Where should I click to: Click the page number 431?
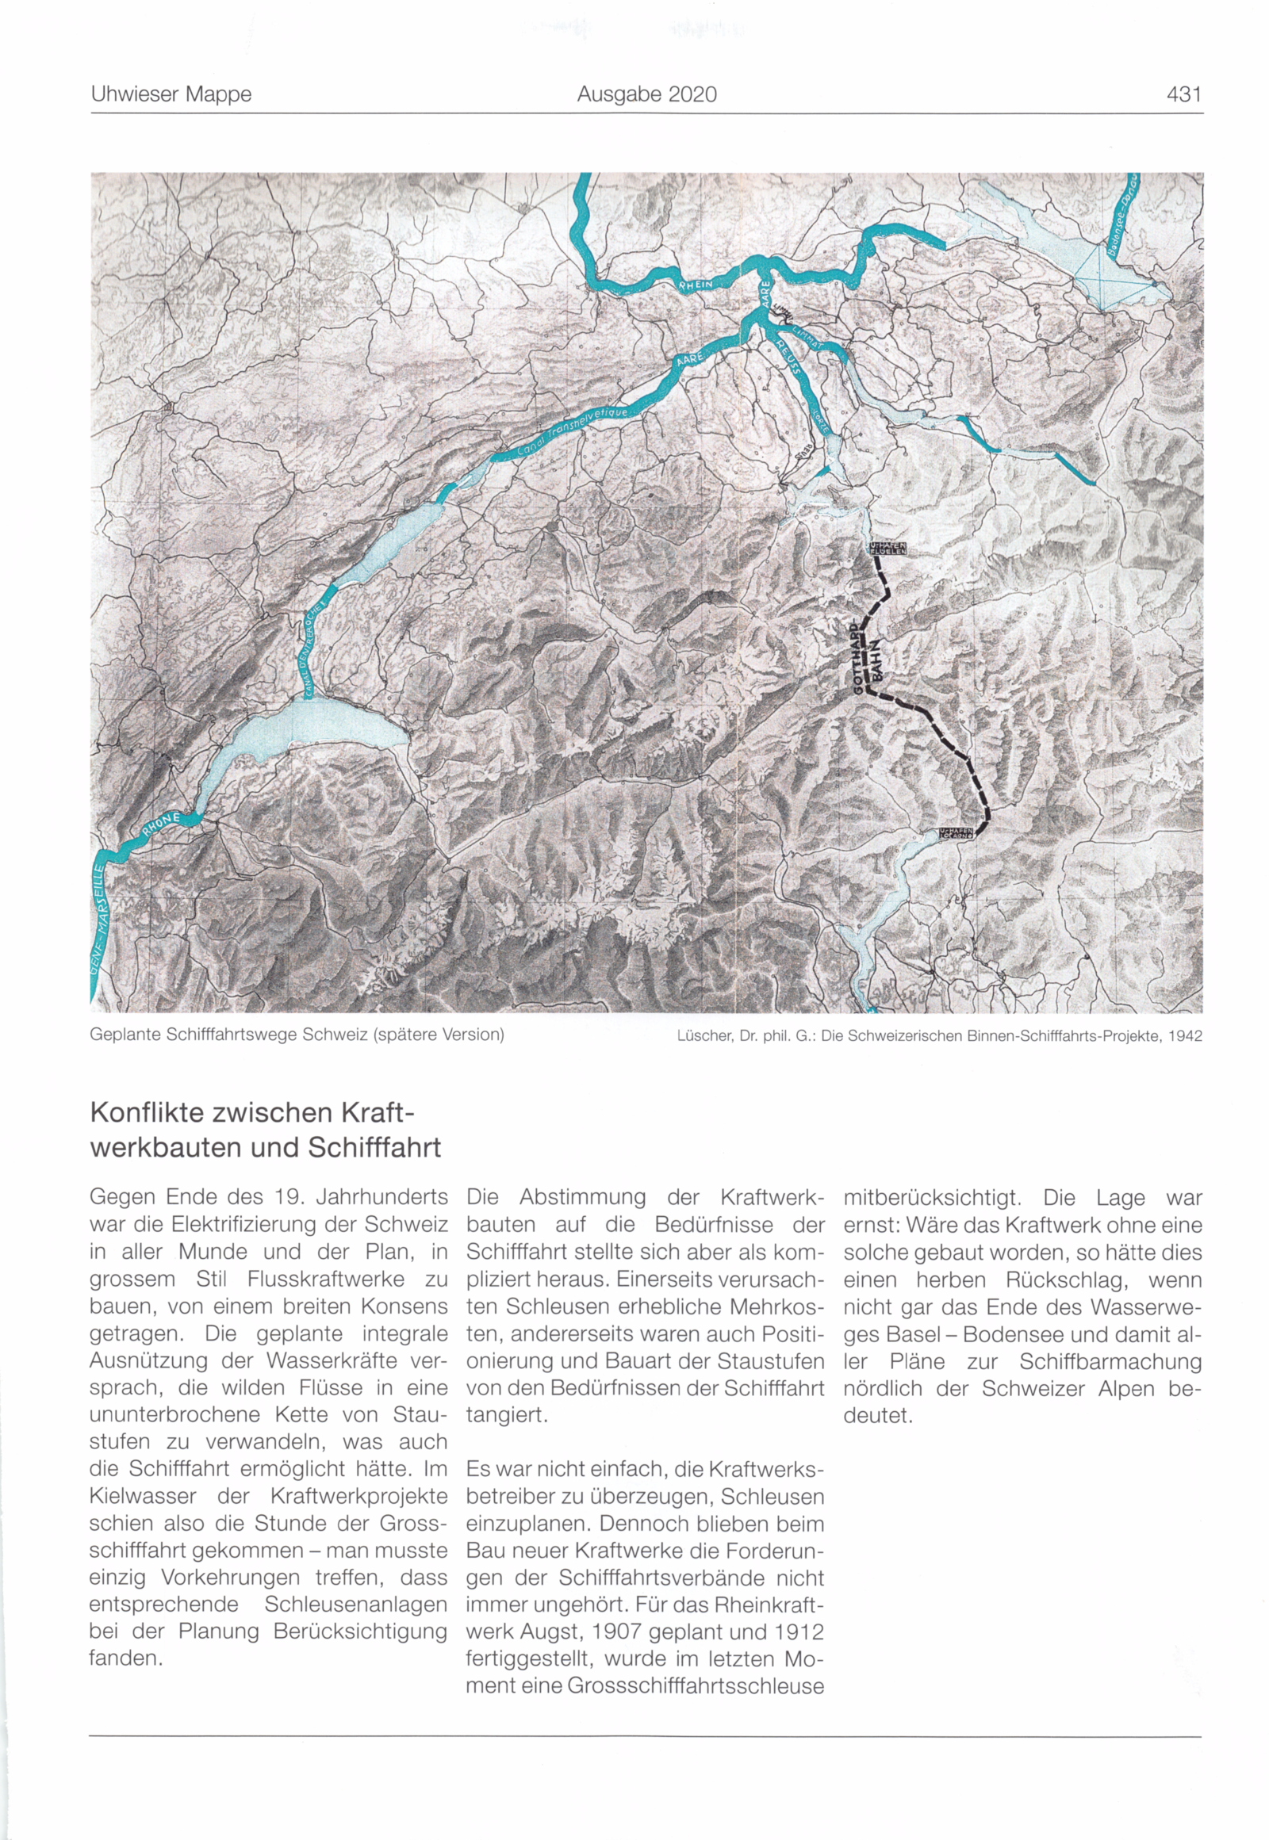[1184, 94]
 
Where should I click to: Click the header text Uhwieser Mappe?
[171, 94]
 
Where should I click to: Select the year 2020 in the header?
[692, 94]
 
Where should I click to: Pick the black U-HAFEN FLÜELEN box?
[886, 549]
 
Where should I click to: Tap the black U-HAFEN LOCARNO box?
[955, 832]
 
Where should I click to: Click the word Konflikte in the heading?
[148, 1112]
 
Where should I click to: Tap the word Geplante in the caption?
[123, 1035]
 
